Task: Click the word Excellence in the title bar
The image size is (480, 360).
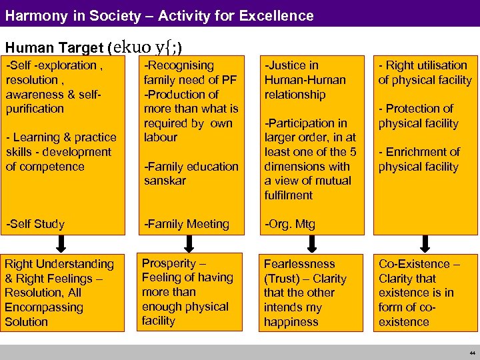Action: (280, 15)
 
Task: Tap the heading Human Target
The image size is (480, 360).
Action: (54, 48)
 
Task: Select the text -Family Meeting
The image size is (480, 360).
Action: (187, 224)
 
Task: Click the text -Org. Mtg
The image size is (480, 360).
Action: (290, 224)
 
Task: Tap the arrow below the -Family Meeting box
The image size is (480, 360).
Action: (189, 241)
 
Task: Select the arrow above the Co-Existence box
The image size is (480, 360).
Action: (424, 241)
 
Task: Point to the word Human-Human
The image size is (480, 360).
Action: (305, 80)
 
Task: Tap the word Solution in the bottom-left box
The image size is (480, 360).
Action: (27, 322)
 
